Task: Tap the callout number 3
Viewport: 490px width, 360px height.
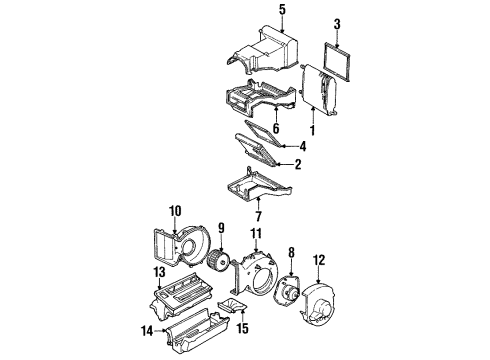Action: (337, 24)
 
